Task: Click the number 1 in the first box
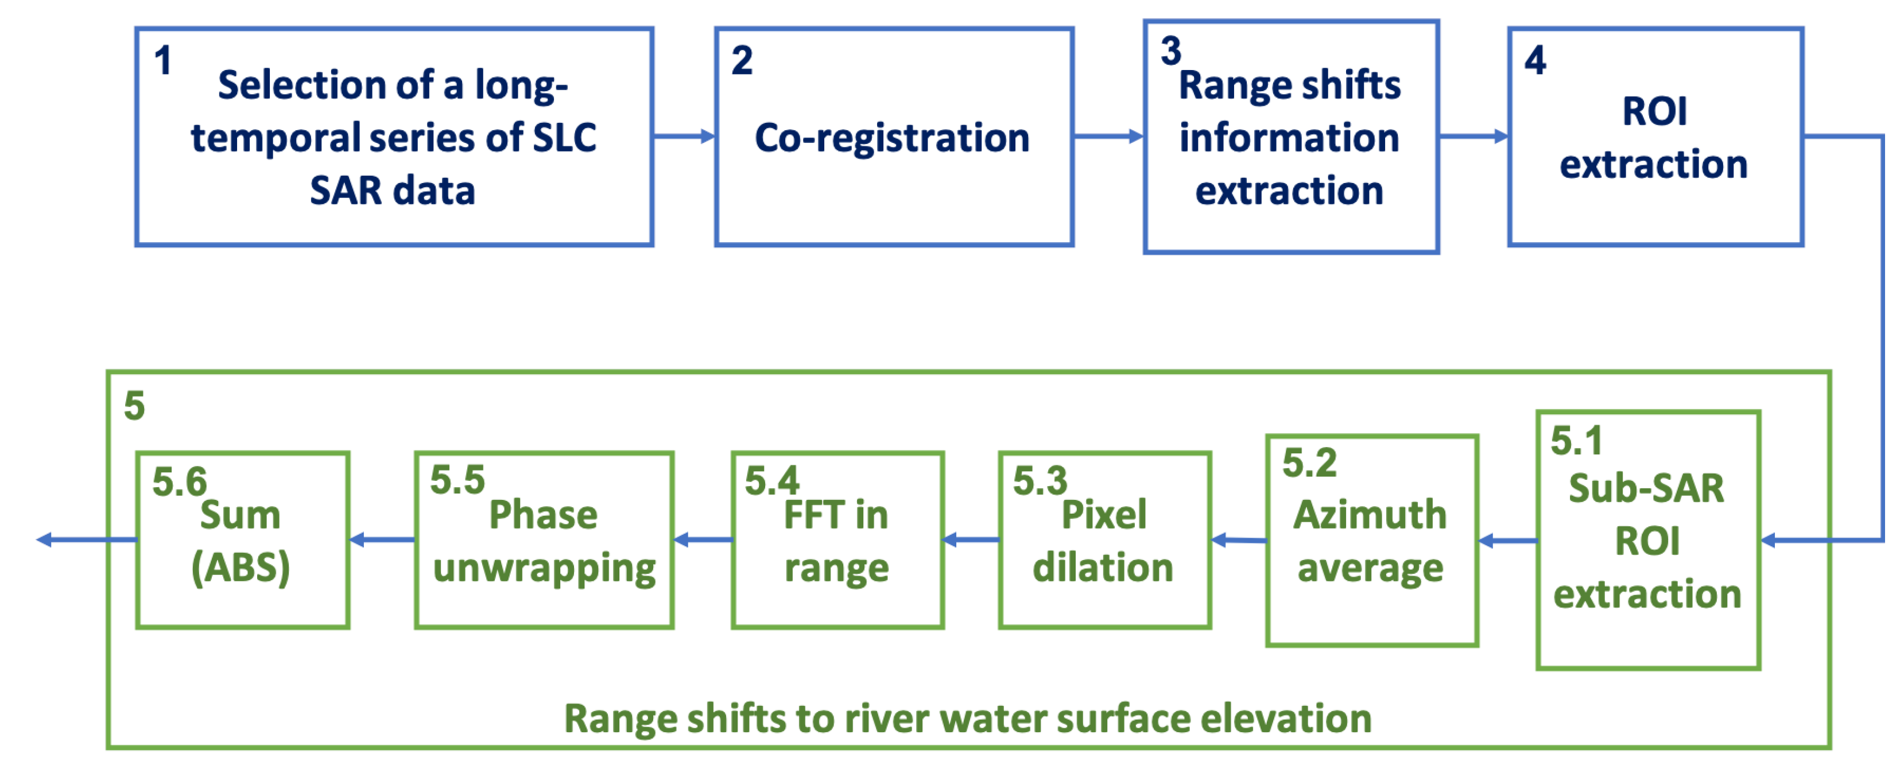[x=162, y=61]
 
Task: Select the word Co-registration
[x=892, y=138]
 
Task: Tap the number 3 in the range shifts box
[x=1170, y=51]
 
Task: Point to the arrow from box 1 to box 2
[x=684, y=136]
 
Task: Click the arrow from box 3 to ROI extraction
[x=1473, y=136]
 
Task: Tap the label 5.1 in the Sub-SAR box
[x=1576, y=441]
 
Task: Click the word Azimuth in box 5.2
[x=1370, y=514]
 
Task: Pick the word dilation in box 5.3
[x=1103, y=568]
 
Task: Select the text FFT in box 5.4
[x=813, y=514]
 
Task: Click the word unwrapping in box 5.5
[x=544, y=568]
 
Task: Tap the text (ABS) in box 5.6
[x=241, y=568]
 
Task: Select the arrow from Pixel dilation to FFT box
[x=971, y=540]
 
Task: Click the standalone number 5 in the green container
[x=134, y=406]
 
